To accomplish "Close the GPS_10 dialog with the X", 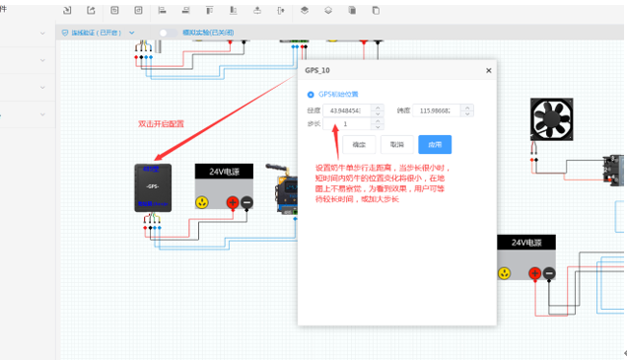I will click(488, 71).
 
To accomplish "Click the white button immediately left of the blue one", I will click(397, 144).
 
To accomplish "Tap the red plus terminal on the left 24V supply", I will click(233, 202).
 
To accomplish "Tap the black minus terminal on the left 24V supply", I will click(246, 202).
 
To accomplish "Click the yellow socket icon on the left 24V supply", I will click(202, 202).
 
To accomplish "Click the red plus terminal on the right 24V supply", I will click(534, 273).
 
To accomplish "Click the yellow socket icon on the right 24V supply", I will click(505, 273).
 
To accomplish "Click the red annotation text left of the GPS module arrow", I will click(161, 124).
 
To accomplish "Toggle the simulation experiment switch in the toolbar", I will click(164, 33).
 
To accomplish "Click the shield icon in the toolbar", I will click(66, 33).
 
